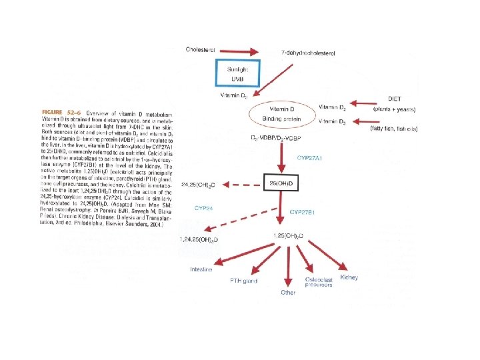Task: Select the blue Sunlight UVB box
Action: coord(239,73)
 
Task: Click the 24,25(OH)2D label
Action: coord(197,183)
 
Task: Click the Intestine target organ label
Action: coord(201,269)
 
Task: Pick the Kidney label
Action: coord(349,277)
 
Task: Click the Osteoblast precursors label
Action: coord(319,283)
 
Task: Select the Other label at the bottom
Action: coord(288,293)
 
